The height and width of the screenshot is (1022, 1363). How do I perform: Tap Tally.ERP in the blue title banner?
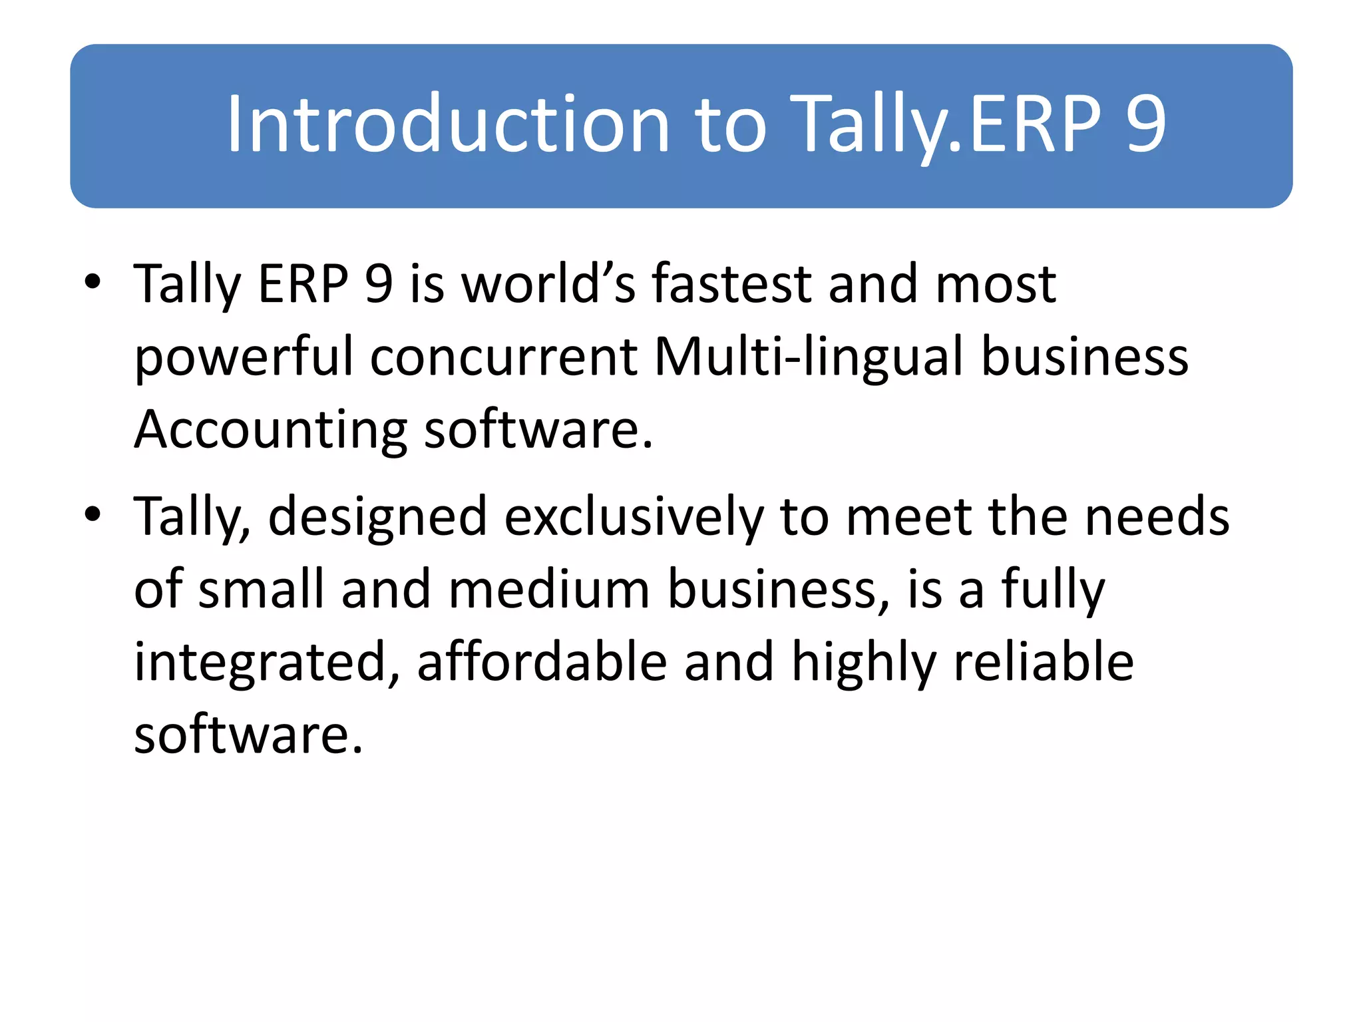click(946, 124)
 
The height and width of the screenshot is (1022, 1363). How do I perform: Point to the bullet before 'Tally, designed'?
click(93, 514)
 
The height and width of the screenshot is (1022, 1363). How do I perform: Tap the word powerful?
click(244, 357)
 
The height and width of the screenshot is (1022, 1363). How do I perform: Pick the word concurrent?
click(504, 357)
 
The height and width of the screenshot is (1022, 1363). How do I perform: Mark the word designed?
click(377, 517)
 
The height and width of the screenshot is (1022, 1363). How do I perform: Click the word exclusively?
click(634, 517)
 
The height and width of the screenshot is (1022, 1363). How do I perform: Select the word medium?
click(549, 589)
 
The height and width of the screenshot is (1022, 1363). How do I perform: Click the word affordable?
click(542, 662)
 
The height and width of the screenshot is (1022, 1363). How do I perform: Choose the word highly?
click(864, 662)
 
